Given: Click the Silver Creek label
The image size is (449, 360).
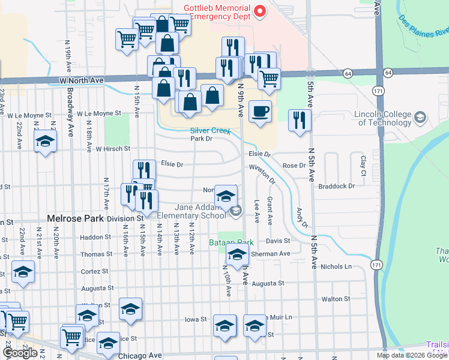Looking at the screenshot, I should [210, 130].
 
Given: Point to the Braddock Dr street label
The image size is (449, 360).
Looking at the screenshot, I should [337, 186].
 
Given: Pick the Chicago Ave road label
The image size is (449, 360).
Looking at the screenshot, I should [140, 356].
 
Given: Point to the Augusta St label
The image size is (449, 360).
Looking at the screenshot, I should [268, 283].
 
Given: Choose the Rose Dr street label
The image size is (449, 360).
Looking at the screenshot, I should [294, 166].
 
